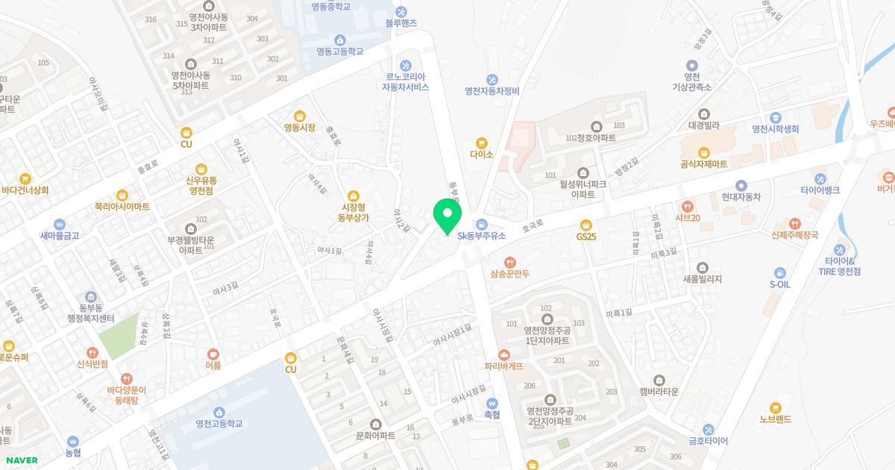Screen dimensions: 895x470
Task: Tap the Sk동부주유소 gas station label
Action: (482, 236)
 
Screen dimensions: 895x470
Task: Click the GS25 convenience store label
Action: (586, 236)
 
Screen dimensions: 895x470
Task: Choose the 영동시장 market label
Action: (299, 127)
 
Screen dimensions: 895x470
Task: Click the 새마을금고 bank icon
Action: (60, 223)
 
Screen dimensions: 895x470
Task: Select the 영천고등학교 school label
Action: (219, 424)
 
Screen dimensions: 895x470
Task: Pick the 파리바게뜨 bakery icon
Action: (504, 354)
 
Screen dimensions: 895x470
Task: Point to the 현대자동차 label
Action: (741, 197)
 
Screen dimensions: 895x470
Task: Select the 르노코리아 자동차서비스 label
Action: (406, 81)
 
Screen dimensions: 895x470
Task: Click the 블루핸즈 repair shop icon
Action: (401, 11)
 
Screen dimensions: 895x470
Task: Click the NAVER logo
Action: (21, 460)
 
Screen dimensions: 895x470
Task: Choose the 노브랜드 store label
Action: (776, 419)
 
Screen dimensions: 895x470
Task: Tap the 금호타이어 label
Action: (708, 440)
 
